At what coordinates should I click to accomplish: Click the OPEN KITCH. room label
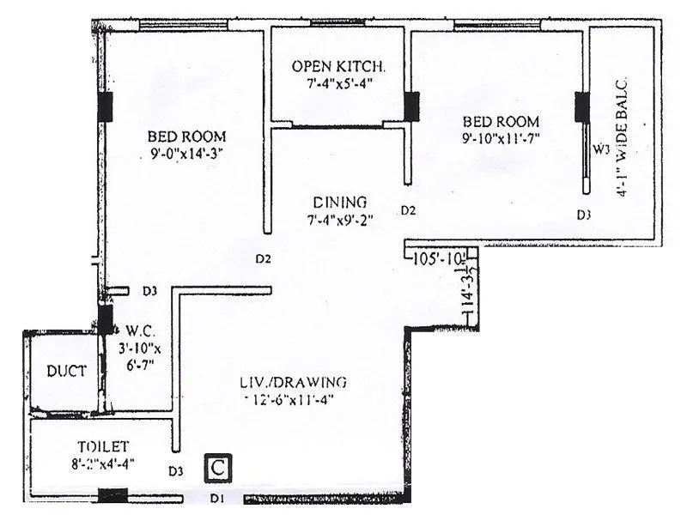[338, 66]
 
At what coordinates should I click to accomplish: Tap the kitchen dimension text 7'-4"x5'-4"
[338, 83]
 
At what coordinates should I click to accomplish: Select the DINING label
[340, 203]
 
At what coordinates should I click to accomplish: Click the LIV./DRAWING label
[294, 381]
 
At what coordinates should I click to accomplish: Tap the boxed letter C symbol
[219, 469]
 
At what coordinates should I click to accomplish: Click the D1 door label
[218, 498]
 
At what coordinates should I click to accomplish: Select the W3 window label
[601, 149]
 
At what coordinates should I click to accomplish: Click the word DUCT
[66, 372]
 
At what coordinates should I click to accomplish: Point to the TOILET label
[100, 446]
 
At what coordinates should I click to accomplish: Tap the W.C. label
[139, 330]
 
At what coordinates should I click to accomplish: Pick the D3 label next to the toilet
[176, 470]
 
